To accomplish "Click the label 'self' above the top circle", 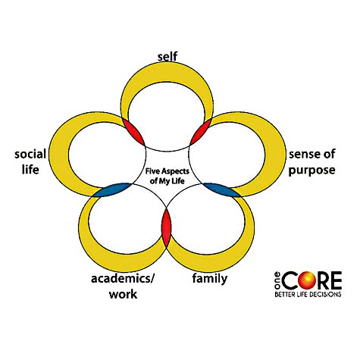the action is [167, 57].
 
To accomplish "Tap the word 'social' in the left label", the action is [30, 154].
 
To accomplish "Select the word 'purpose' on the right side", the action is [312, 171].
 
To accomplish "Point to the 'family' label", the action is [210, 279].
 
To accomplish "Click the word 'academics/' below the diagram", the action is [123, 279].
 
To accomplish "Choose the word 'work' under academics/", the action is [123, 294].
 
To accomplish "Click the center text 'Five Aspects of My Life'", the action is [167, 176].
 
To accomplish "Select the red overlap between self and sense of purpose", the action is [200, 132].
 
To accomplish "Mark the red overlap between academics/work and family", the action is [167, 227].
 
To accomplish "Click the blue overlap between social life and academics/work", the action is [112, 190].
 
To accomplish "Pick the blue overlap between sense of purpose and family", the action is [222, 189].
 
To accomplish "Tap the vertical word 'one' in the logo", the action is [277, 280].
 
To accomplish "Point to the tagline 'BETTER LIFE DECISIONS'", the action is [308, 294].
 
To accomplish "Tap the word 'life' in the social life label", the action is [30, 169].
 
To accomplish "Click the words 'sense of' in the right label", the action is [312, 154].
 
